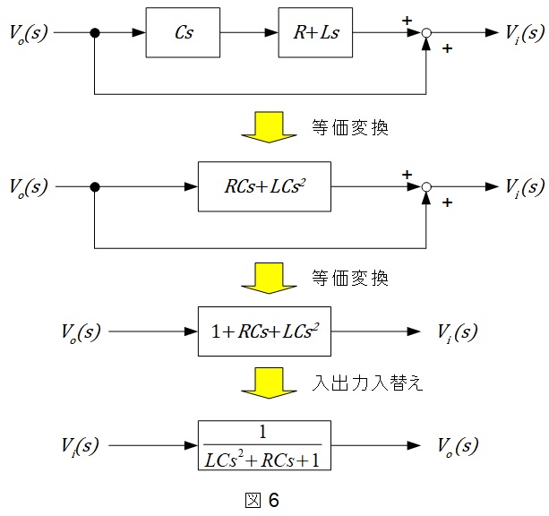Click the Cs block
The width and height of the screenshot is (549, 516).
click(x=183, y=33)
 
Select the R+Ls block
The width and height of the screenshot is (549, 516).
click(x=316, y=33)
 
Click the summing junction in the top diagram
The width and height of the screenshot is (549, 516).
click(x=428, y=33)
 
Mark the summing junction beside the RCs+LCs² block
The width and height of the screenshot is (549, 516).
click(x=428, y=187)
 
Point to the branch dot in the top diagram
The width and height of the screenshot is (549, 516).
click(x=95, y=33)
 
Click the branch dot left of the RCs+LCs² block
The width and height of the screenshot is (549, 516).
click(x=95, y=187)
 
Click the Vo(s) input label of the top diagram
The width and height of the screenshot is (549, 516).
click(x=29, y=34)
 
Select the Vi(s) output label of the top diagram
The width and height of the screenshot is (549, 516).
click(x=523, y=34)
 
